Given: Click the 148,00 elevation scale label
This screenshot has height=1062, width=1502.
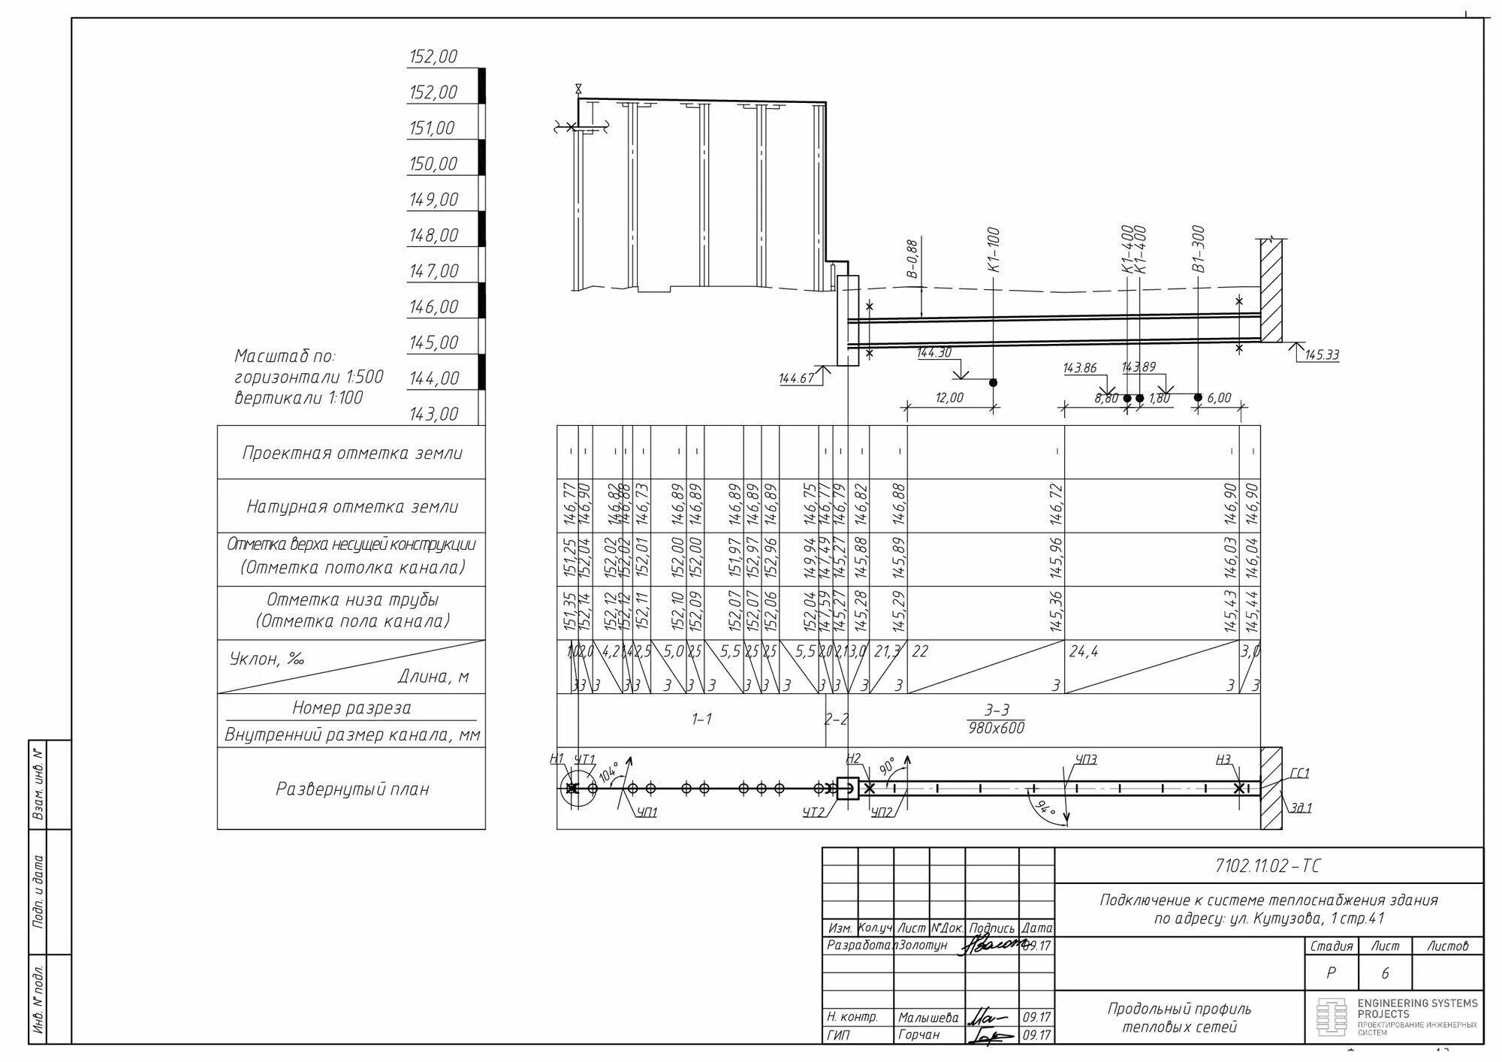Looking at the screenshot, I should (433, 236).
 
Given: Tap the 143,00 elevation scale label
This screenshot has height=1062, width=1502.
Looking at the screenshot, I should (433, 415).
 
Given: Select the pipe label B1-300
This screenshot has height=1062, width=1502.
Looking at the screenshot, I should (1198, 249).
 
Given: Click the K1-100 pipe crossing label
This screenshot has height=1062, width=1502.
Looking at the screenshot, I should (994, 249).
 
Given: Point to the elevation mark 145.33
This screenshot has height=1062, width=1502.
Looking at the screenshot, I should (1322, 355).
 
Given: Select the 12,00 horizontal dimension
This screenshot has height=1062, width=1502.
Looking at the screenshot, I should (949, 398).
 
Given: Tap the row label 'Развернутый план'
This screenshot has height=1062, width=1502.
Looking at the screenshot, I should (351, 789).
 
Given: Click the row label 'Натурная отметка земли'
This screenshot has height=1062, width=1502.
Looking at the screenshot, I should (351, 507).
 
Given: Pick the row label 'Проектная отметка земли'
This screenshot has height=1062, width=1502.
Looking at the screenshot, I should (351, 453).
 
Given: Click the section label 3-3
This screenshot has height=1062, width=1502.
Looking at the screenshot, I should (997, 711).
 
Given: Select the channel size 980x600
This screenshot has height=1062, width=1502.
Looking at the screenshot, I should (997, 728).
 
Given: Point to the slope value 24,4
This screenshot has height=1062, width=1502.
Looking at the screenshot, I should (1083, 652).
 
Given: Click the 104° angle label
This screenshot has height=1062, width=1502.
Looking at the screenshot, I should (608, 771).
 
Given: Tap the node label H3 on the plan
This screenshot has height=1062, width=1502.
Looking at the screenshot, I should (1223, 760).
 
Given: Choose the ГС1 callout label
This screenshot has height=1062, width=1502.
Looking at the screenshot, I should (1299, 774).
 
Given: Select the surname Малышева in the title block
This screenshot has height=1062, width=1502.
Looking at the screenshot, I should (928, 1018).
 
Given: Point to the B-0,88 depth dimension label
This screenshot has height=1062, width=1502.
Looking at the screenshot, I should (912, 259).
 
